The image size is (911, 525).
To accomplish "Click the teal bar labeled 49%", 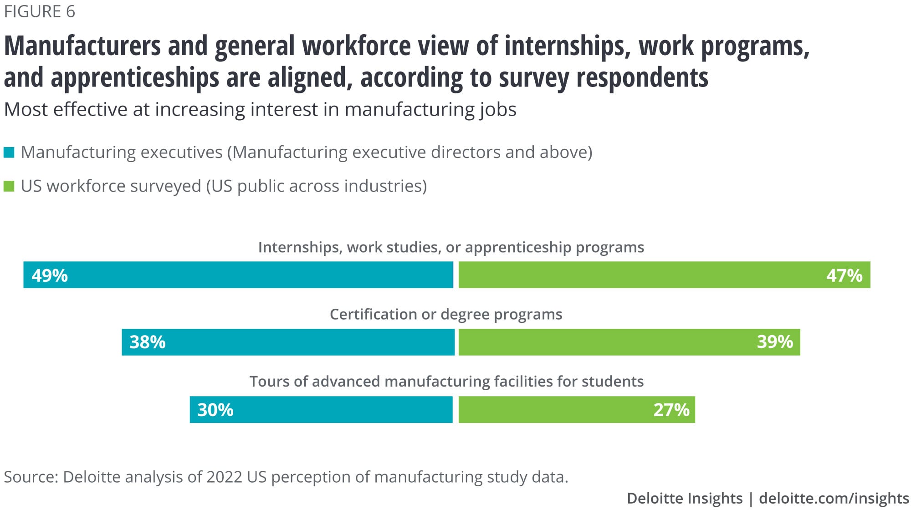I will click(238, 275).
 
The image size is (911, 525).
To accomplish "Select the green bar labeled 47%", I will click(664, 275).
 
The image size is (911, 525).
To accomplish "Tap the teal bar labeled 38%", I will click(288, 342).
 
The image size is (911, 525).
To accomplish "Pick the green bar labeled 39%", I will click(629, 342).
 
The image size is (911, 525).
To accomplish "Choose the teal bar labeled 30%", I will click(321, 409).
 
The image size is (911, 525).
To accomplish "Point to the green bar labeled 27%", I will click(577, 409).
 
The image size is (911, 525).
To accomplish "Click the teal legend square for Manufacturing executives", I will click(9, 152).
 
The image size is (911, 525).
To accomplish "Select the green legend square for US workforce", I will click(9, 186).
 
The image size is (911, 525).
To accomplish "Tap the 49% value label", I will click(50, 275).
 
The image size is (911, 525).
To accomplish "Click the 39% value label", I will click(775, 342).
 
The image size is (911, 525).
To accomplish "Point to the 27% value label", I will click(671, 410).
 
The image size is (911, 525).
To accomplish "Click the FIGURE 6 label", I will click(40, 11).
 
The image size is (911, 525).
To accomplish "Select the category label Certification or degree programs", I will click(446, 314).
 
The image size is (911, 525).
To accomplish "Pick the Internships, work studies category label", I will click(451, 247).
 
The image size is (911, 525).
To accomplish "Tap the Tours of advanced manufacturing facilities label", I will click(446, 381).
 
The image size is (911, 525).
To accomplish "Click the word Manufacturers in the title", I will click(82, 46).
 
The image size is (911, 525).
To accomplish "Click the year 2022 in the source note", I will click(224, 477).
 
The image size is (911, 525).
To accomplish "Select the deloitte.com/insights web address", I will click(834, 498).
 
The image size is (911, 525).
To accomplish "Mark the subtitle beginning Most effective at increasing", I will click(260, 110).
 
